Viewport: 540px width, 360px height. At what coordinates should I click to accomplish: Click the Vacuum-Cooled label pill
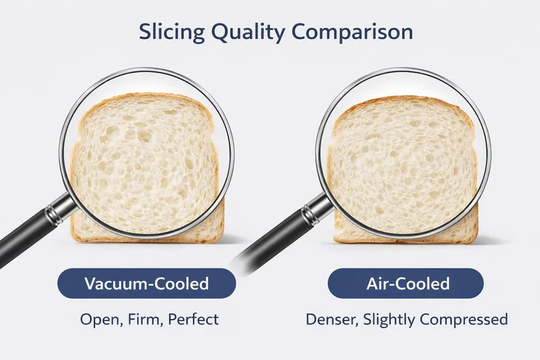pos(146,284)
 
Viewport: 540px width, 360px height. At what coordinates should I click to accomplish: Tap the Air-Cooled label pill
pos(406,284)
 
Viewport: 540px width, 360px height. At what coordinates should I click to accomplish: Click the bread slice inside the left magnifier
pos(145,162)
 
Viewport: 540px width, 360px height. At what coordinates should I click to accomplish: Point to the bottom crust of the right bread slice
pos(405,239)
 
